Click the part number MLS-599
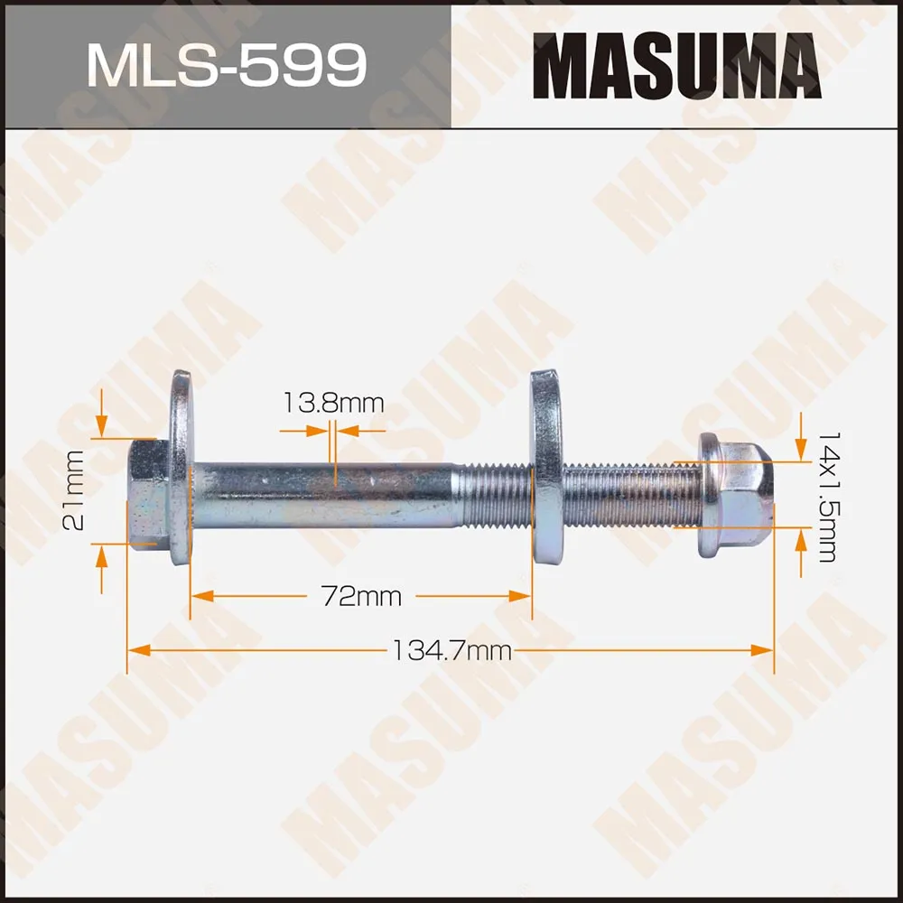pyautogui.click(x=226, y=64)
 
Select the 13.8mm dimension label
pyautogui.click(x=332, y=403)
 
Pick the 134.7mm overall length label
pyautogui.click(x=451, y=650)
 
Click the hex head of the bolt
pyautogui.click(x=146, y=494)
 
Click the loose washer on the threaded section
pyautogui.click(x=545, y=467)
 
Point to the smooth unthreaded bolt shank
pyautogui.click(x=325, y=494)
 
